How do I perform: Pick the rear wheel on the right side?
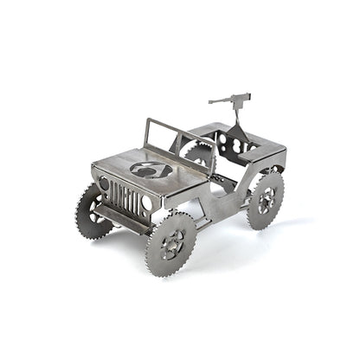tap(265, 201)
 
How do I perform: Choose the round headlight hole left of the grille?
tap(105, 184)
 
